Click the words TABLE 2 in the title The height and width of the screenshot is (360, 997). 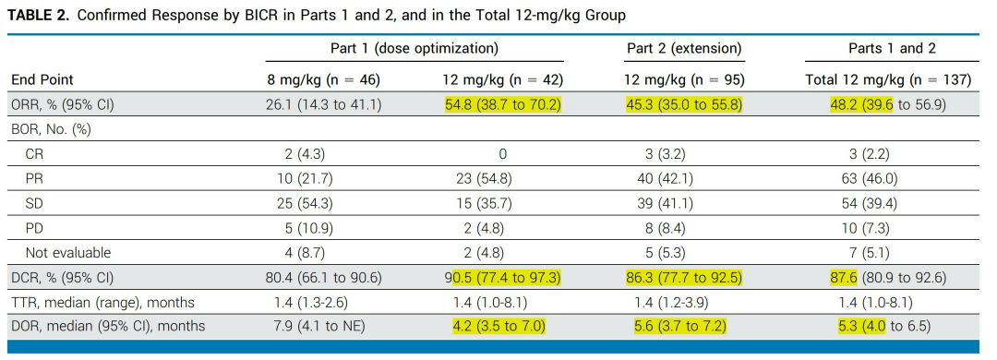click(39, 16)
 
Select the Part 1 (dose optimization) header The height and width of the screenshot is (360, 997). click(414, 48)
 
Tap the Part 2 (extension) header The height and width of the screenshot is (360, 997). click(684, 48)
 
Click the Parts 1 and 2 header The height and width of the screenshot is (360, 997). click(892, 48)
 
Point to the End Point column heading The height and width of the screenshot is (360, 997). click(42, 79)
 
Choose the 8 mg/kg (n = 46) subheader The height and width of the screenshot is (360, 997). click(323, 79)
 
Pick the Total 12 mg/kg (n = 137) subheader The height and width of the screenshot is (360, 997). click(888, 79)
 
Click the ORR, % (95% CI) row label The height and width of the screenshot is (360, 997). click(63, 104)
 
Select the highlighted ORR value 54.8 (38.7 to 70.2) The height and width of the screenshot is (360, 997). click(503, 104)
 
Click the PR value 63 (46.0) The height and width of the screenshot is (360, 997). click(869, 179)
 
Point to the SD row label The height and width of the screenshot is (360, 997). click(34, 203)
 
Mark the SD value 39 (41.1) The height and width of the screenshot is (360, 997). click(665, 203)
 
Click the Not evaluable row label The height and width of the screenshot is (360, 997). click(68, 253)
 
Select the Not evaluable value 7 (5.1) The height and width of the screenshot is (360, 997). click(870, 253)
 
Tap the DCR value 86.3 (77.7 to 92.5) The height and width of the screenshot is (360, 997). click(683, 277)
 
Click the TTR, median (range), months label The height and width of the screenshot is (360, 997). click(103, 302)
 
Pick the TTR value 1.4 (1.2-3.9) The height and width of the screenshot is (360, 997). click(665, 302)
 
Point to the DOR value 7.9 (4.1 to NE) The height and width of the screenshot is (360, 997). click(316, 326)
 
